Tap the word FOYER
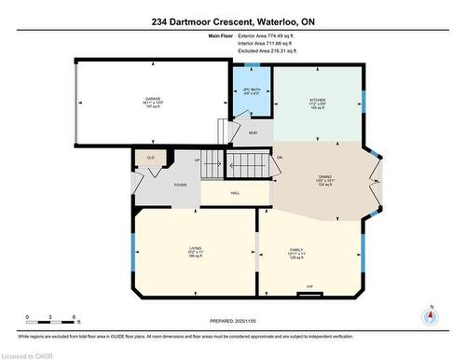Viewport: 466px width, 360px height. (x=180, y=185)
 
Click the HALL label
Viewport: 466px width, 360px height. (x=235, y=193)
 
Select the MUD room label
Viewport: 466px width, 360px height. (x=253, y=132)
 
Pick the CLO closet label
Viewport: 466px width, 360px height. (x=151, y=158)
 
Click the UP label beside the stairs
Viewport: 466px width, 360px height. (x=197, y=159)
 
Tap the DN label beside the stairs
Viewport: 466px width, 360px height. (x=279, y=158)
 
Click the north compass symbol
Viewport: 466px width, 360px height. (x=430, y=315)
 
